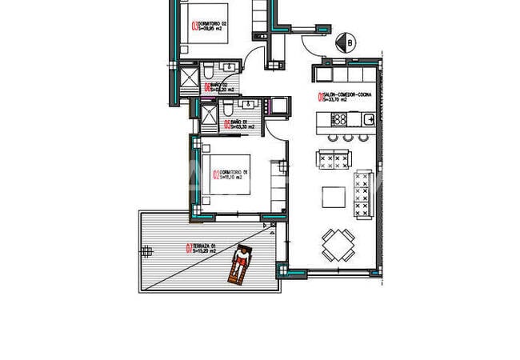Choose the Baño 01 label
pos(241,124)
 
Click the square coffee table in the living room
pos(334,197)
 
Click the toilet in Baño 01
pos(227,108)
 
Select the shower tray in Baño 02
pos(190,78)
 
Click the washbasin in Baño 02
pos(230,68)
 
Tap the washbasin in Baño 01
pos(247,106)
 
